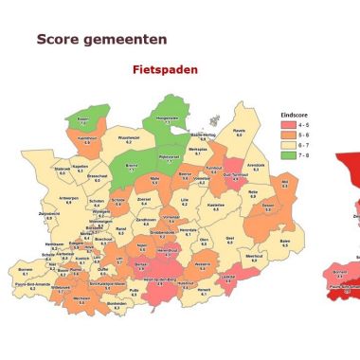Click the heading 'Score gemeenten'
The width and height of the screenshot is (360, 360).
[101, 40]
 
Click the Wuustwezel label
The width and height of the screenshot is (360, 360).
[128, 139]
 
